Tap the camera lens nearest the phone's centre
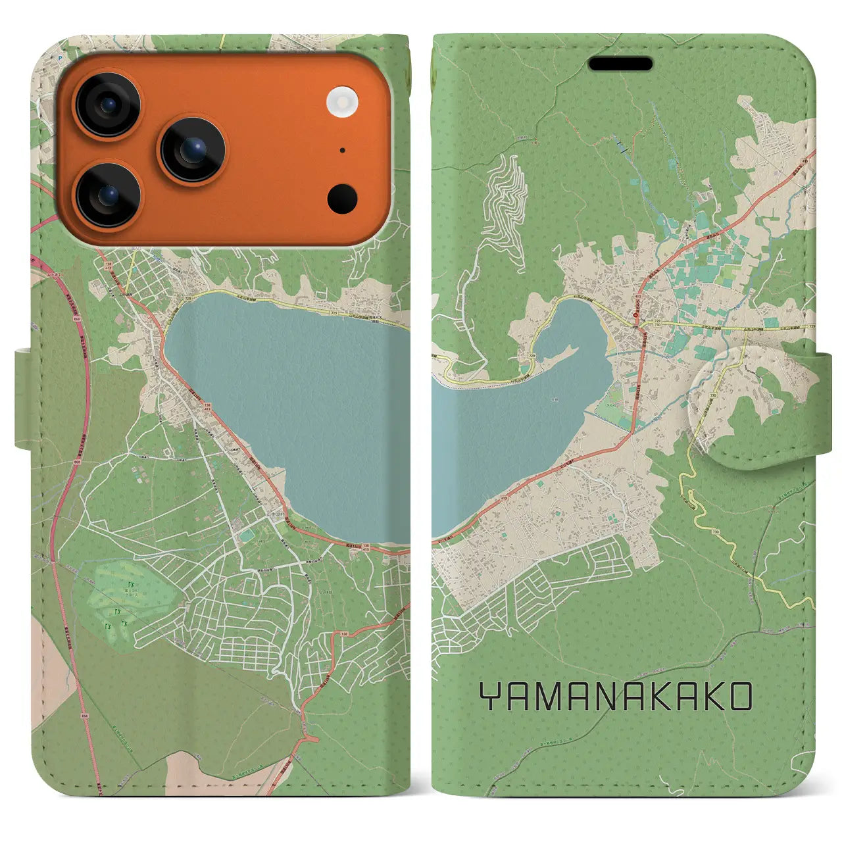coord(193,150)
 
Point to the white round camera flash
coord(341,102)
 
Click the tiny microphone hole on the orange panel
coord(343,150)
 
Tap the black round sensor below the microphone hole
coord(342,197)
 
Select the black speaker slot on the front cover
coord(620,64)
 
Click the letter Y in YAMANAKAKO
coord(491,697)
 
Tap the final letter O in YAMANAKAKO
coord(738,697)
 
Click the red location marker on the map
coord(635,315)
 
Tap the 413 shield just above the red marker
coord(637,298)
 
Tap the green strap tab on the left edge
coord(22,399)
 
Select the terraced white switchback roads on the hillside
coord(505,201)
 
